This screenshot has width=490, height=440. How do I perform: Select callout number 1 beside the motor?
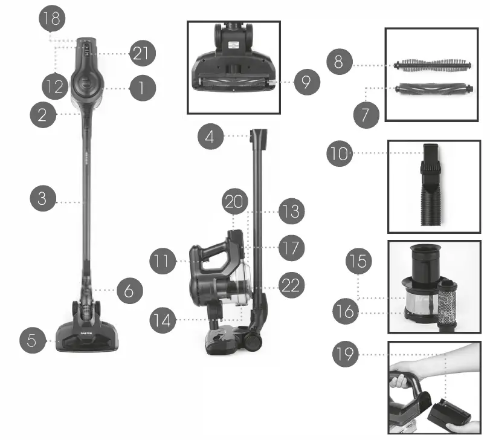pos(141,88)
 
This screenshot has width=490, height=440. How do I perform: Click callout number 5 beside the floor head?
pos(34,340)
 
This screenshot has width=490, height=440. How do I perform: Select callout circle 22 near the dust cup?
pos(291,286)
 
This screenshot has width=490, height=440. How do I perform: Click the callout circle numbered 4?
pos(211,137)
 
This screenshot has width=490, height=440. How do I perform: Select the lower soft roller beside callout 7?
pos(433,89)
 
